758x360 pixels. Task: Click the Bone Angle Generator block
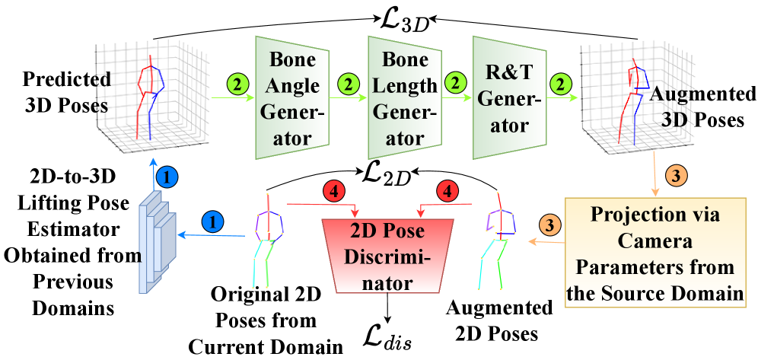point(292,97)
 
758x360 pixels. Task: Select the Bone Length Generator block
point(403,97)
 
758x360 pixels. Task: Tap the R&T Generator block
point(508,97)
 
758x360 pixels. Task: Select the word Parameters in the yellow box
point(630,267)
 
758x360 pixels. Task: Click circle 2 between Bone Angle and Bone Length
point(348,84)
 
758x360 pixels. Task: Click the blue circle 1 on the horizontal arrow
point(215,221)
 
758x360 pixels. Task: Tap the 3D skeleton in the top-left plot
point(148,95)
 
